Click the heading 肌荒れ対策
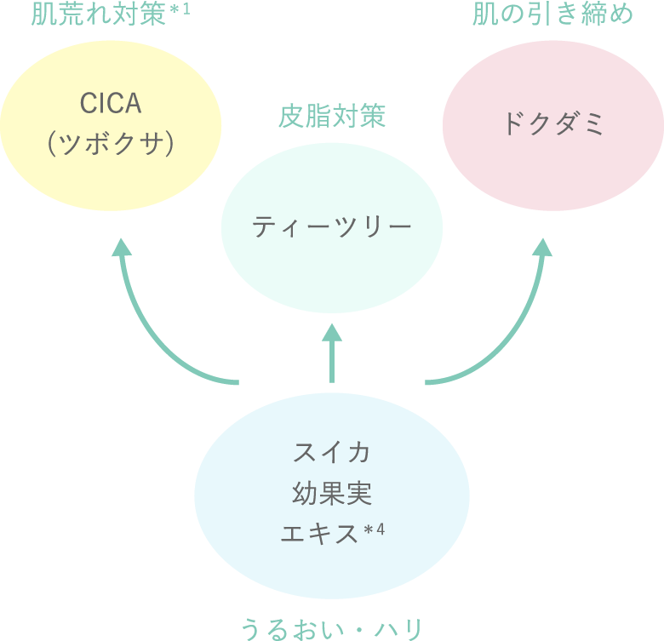(98, 15)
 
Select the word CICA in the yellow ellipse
(110, 104)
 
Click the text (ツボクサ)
(111, 144)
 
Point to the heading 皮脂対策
(332, 117)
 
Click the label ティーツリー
(332, 227)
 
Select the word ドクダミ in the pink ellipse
(552, 124)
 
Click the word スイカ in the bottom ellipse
(332, 452)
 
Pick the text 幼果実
(332, 493)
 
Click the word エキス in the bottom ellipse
(319, 535)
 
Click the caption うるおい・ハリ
(332, 628)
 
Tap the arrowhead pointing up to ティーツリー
(332, 333)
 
